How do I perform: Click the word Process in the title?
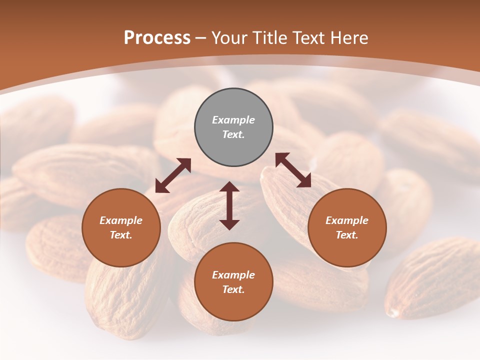coord(157,38)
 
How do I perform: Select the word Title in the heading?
coord(269,38)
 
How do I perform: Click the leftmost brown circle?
coord(121,227)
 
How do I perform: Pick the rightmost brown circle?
coord(347,227)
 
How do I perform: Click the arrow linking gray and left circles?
coord(173,175)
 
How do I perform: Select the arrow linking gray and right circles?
coord(293,170)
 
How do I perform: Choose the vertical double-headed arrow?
coord(229,205)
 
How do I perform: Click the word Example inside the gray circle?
coord(233,120)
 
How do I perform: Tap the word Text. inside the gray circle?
coord(233,134)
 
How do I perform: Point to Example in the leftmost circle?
coord(121,220)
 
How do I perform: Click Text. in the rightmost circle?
coord(347,235)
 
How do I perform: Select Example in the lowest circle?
coord(233,275)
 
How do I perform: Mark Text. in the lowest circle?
coord(233,289)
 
